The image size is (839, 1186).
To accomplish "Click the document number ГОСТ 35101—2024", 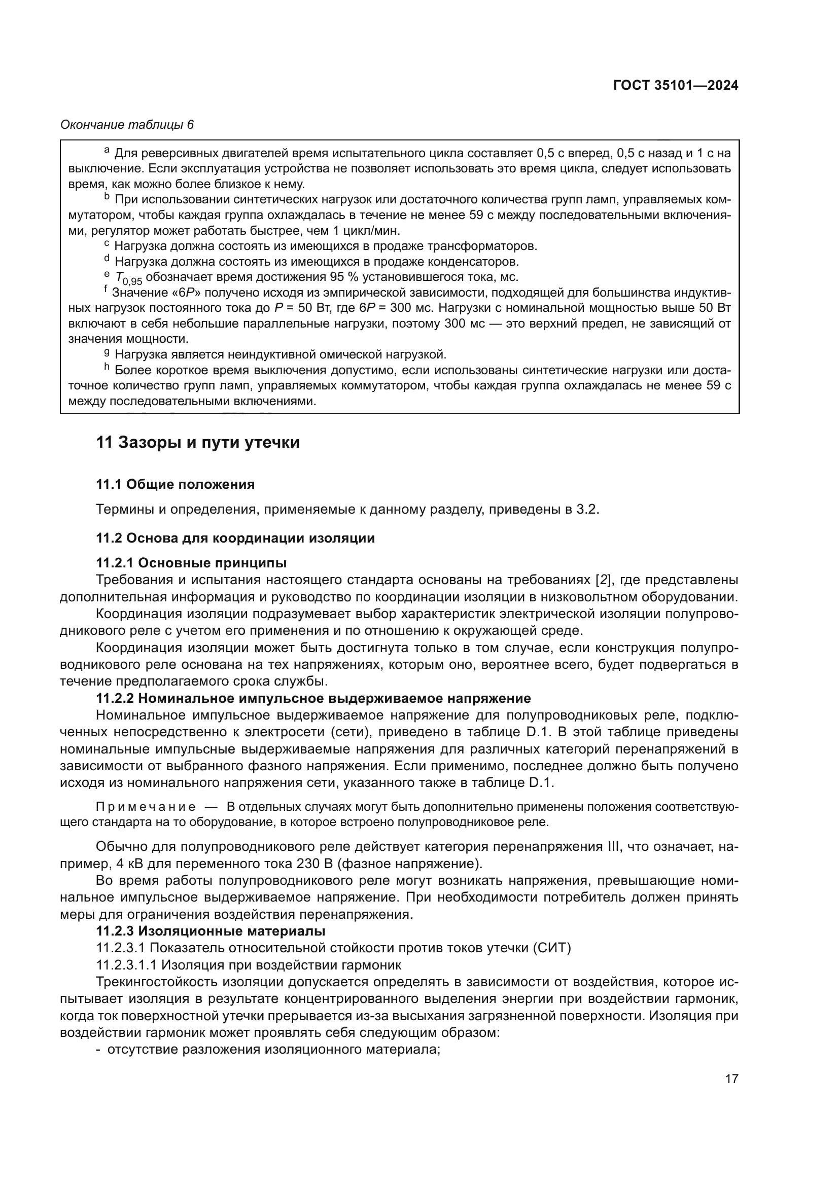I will pos(675,86).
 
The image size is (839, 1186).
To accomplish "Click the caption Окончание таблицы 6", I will pos(127,125).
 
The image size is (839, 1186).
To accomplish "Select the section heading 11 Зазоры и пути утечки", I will pos(198,443).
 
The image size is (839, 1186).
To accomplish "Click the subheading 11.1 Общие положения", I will pos(175,484).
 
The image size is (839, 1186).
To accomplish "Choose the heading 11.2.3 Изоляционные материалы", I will pos(211,931).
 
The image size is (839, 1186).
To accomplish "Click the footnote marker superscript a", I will pos(107,150).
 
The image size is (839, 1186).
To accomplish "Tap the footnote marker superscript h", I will pos(107,367).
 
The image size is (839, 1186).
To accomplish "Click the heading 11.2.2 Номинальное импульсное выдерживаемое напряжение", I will pos(313,698).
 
